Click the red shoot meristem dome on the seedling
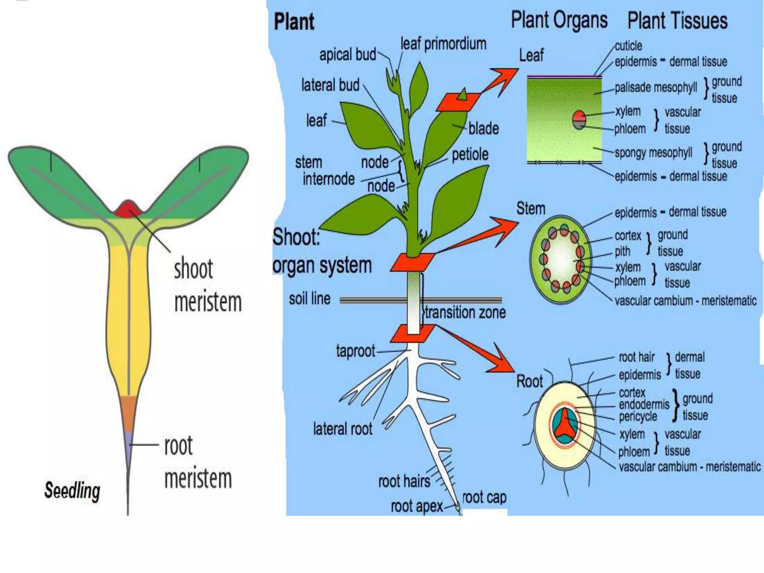pyautogui.click(x=128, y=209)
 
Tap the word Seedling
pyautogui.click(x=72, y=490)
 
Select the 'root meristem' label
pyautogui.click(x=198, y=462)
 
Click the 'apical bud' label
pyautogui.click(x=347, y=55)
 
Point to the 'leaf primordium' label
pyautogui.click(x=443, y=44)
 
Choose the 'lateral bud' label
pyautogui.click(x=330, y=85)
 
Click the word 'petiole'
pyautogui.click(x=470, y=154)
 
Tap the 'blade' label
pyautogui.click(x=483, y=129)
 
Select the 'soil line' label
pyautogui.click(x=310, y=299)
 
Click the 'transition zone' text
pyautogui.click(x=465, y=313)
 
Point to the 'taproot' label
pyautogui.click(x=355, y=351)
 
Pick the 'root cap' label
pyautogui.click(x=484, y=497)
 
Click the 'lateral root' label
pyautogui.click(x=342, y=429)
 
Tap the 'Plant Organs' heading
pyautogui.click(x=559, y=20)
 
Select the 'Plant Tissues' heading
pyautogui.click(x=677, y=21)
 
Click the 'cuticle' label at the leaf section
pyautogui.click(x=628, y=46)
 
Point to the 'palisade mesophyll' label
pyautogui.click(x=655, y=87)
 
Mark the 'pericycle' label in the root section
pyautogui.click(x=638, y=417)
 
